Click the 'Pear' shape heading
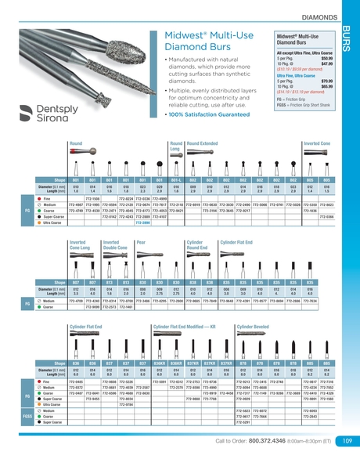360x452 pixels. (x=142, y=243)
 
